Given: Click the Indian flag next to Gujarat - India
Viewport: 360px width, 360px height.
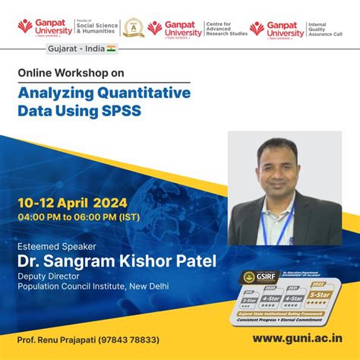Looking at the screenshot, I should point(111,49).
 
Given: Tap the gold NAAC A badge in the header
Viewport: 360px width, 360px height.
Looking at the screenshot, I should point(134,28).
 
